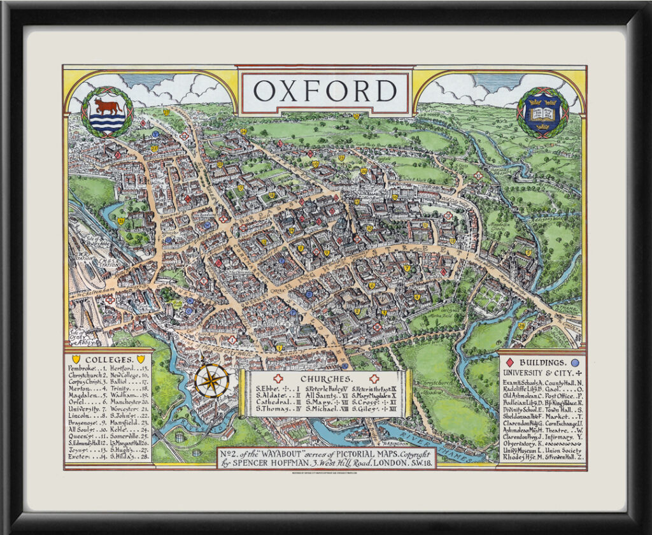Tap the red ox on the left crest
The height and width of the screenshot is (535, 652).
(106, 104)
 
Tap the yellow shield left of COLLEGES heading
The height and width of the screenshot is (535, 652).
(76, 360)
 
